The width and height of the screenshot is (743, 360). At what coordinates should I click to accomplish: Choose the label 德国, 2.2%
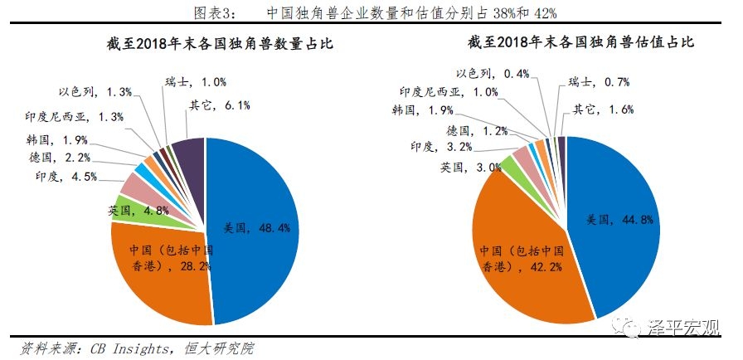coord(60,157)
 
